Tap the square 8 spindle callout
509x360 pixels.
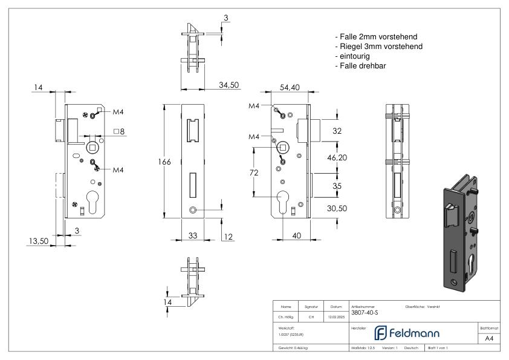[119, 131]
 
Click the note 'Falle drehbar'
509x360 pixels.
[360, 66]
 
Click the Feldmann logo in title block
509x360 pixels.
[400, 333]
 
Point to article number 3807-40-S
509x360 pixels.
[365, 313]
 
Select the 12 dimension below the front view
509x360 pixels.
[228, 236]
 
